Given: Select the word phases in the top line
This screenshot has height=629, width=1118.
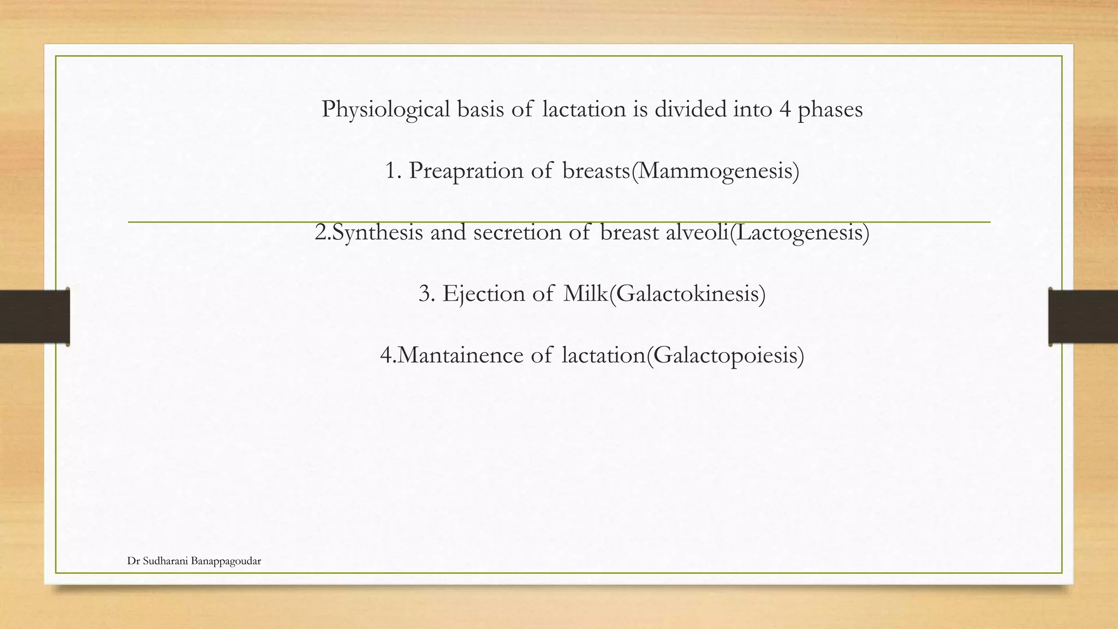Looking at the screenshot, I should [x=830, y=109].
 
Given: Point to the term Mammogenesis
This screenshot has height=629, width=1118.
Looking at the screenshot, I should [x=715, y=171].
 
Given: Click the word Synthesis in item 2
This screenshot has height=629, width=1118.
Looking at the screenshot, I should [x=377, y=233].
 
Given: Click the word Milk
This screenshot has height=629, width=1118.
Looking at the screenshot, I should [x=585, y=294].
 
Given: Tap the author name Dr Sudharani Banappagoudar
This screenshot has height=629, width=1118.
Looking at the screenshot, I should [x=194, y=561].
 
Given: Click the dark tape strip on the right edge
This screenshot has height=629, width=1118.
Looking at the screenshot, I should [x=1083, y=317].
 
